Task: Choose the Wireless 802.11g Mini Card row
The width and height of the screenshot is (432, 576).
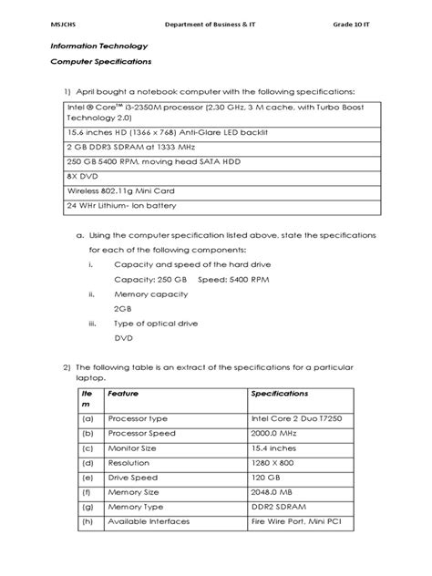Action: (x=119, y=190)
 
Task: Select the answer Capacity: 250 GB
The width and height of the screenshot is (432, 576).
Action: (x=149, y=279)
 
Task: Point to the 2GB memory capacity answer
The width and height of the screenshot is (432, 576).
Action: (x=123, y=308)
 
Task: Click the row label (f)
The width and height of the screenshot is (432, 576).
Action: (x=87, y=490)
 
